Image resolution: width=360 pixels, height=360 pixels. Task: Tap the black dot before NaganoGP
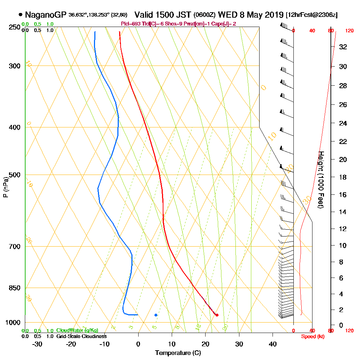(x=20, y=15)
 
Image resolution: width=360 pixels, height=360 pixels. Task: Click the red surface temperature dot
(x=217, y=315)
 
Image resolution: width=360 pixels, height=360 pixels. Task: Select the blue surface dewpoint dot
(x=156, y=315)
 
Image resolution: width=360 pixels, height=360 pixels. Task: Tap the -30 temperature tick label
(x=37, y=344)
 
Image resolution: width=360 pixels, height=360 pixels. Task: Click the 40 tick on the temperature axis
(x=273, y=344)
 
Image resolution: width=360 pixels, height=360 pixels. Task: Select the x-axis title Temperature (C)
(x=178, y=353)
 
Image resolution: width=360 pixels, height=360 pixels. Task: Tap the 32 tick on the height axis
(x=343, y=47)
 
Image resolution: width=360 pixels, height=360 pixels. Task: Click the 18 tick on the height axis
(x=343, y=177)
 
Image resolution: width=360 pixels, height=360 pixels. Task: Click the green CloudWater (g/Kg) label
(x=77, y=330)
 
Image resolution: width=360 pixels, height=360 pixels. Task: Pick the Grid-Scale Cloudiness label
(x=81, y=336)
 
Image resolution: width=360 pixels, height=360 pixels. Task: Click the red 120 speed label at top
(x=349, y=31)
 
